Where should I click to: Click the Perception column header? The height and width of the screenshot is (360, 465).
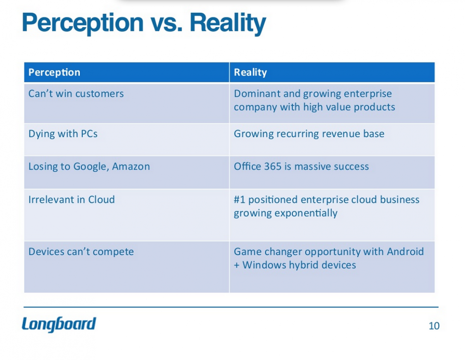point(54,72)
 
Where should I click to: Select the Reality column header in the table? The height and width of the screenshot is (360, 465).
point(250,72)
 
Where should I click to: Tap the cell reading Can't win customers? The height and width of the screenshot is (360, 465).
point(76,94)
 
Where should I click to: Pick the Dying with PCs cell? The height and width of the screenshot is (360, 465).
point(63,134)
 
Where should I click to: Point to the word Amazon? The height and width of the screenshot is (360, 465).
point(131,167)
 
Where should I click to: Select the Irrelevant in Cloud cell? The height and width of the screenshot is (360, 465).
point(72,200)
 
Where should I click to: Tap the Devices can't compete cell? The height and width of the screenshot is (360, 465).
point(81,252)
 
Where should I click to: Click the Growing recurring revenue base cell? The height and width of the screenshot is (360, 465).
point(309,134)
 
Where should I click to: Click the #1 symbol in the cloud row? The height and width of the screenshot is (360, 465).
point(239,200)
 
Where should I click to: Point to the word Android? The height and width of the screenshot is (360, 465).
point(405,252)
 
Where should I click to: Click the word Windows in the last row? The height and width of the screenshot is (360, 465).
point(263,265)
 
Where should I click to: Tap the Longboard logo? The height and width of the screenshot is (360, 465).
point(59,324)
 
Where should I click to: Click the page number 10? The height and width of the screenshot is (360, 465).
point(434,326)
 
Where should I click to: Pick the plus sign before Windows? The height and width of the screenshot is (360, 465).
point(236,266)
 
